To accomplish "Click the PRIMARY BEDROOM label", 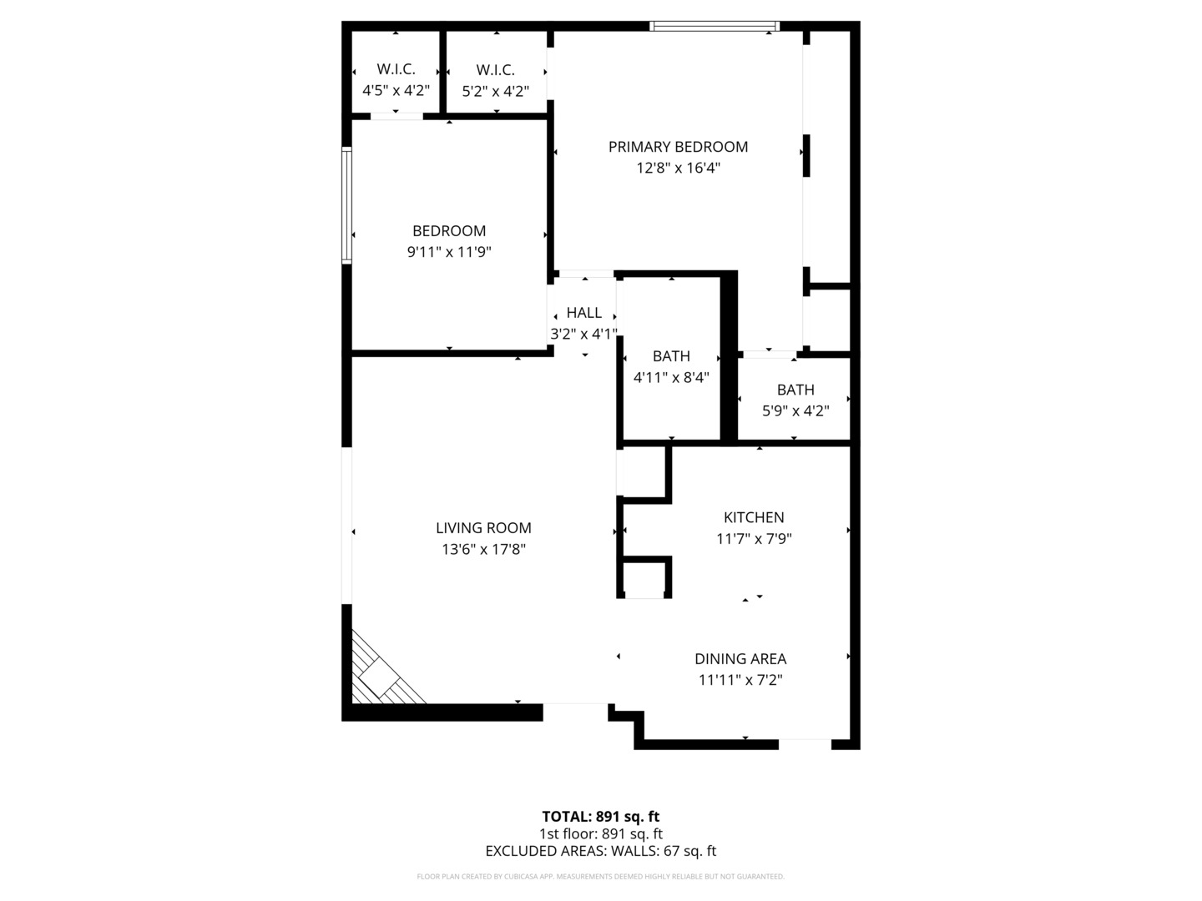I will (x=678, y=147).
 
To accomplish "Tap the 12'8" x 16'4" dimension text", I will (x=678, y=168).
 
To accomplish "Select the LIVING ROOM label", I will (x=483, y=528).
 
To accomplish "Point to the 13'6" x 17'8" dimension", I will (x=483, y=549).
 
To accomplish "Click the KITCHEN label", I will (x=754, y=517).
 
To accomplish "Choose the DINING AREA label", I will (x=740, y=659).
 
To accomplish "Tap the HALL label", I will (x=583, y=313).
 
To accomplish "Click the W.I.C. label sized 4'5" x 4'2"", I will (x=396, y=69).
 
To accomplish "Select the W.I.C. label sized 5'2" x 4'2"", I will (x=495, y=70).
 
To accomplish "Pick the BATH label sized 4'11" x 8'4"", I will (x=671, y=356).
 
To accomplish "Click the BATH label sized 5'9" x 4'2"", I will (x=795, y=390).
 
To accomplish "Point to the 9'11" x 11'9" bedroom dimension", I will (x=449, y=252).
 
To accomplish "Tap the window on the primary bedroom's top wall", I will (x=714, y=26).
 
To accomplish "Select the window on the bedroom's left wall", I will (x=346, y=205).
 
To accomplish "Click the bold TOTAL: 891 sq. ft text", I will (x=601, y=817).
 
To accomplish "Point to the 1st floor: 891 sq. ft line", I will (x=601, y=833).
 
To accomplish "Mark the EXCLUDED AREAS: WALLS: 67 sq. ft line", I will (x=601, y=851).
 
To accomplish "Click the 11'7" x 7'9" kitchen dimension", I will (x=754, y=539).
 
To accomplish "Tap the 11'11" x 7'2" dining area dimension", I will (x=740, y=680).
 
